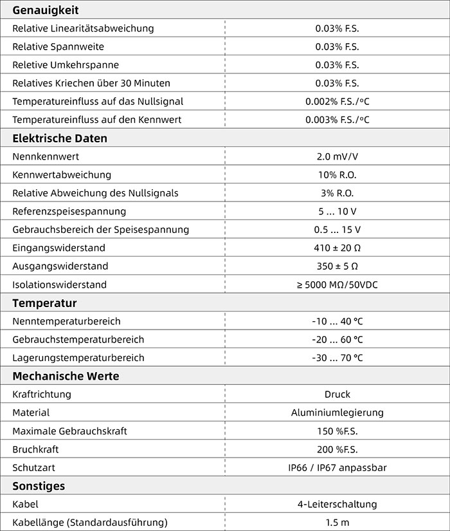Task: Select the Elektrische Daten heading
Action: coord(60,138)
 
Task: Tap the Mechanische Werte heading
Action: coord(66,376)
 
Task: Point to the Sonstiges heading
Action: coord(39,486)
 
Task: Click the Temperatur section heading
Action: coord(44,303)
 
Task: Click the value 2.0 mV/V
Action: coord(337,156)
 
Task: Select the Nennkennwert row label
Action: coord(46,156)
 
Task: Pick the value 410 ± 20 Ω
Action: coord(337,248)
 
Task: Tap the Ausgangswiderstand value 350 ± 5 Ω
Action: coord(337,266)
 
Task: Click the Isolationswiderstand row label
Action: coord(59,284)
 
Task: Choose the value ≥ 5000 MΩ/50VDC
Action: coord(337,284)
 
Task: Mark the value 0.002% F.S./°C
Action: coord(337,101)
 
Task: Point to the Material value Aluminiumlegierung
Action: coord(337,413)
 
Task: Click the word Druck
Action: coord(337,394)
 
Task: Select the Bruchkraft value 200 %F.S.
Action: coord(337,449)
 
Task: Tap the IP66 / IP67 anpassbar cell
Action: coord(337,468)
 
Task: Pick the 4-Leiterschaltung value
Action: coord(337,505)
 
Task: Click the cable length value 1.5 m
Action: coord(337,523)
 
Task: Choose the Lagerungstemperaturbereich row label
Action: coord(78,358)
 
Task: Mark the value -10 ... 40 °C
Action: coord(337,321)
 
